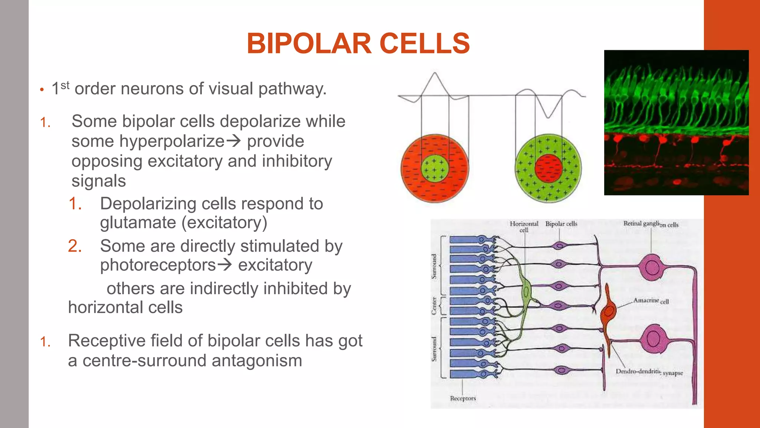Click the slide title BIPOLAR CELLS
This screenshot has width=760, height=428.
[x=358, y=43]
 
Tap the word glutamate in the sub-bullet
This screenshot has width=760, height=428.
[x=138, y=223]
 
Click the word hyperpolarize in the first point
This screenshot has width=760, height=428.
[x=148, y=141]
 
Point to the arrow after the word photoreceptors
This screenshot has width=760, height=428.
[x=225, y=265]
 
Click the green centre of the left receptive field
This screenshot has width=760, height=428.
[x=435, y=168]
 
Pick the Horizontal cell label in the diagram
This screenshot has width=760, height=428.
[x=524, y=226]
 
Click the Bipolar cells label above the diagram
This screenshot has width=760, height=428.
[x=561, y=224]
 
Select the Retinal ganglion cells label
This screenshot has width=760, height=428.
[x=651, y=224]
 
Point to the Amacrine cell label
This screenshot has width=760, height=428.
[x=651, y=301]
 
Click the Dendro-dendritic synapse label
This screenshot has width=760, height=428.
[x=649, y=372]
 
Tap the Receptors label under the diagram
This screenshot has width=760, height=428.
[x=463, y=398]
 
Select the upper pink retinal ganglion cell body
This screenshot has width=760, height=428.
[x=652, y=267]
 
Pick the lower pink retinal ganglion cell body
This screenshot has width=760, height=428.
[x=653, y=338]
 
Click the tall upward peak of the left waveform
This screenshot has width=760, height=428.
[x=435, y=74]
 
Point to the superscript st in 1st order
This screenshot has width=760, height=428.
[x=65, y=85]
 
